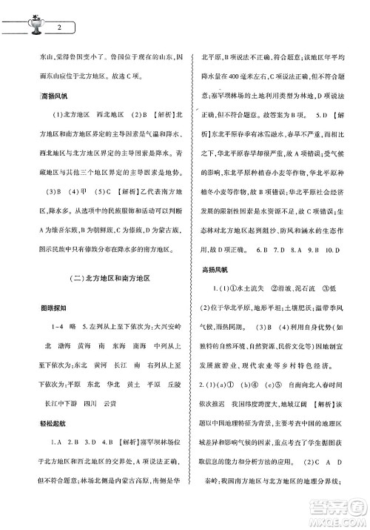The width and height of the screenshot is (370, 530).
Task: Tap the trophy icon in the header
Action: (x=35, y=25)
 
